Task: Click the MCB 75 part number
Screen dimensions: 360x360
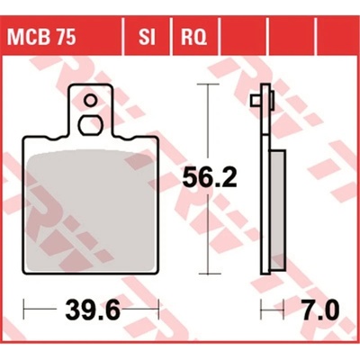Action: (41, 38)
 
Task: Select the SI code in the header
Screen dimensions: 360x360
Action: (147, 38)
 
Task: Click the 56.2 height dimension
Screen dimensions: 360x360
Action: (210, 177)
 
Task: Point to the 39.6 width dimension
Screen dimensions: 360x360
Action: (93, 309)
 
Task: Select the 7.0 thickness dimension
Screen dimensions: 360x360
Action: (320, 309)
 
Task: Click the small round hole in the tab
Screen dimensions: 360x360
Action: (90, 101)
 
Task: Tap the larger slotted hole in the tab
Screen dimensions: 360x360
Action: (90, 125)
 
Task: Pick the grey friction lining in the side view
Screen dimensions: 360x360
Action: (278, 209)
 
